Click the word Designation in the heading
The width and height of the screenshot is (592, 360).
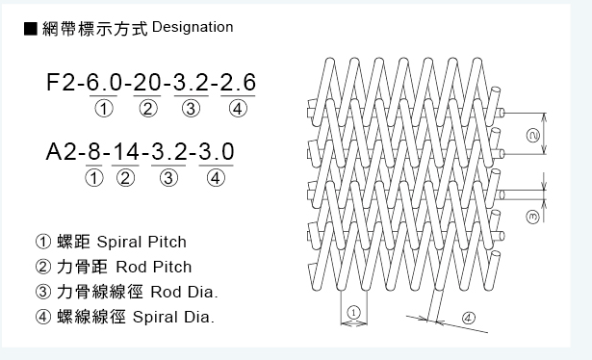pyautogui.click(x=193, y=27)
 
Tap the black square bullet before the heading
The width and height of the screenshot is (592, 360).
pyautogui.click(x=30, y=28)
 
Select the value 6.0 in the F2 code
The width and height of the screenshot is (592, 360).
pyautogui.click(x=105, y=84)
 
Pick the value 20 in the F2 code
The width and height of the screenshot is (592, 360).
pyautogui.click(x=148, y=84)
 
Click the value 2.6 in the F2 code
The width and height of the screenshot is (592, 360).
pyautogui.click(x=237, y=84)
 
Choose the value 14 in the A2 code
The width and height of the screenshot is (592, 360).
pyautogui.click(x=125, y=152)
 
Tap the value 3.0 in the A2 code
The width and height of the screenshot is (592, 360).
pyautogui.click(x=216, y=152)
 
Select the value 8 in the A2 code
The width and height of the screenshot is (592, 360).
pyautogui.click(x=94, y=152)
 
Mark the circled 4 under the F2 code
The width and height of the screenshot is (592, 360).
pyautogui.click(x=237, y=108)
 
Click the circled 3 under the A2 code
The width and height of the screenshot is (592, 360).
pyautogui.click(x=168, y=177)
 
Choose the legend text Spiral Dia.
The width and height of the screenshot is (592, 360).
pyautogui.click(x=173, y=316)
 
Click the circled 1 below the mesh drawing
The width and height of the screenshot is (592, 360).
pyautogui.click(x=353, y=311)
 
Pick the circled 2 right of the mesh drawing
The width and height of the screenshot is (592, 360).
pyautogui.click(x=532, y=136)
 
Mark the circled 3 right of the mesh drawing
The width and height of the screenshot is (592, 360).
pyautogui.click(x=532, y=219)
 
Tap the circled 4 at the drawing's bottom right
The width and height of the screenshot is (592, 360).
pyautogui.click(x=468, y=317)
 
